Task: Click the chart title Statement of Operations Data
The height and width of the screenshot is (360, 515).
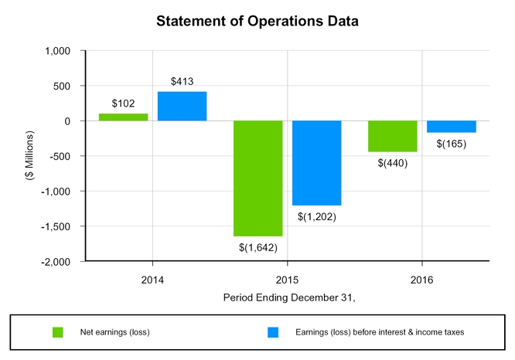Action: [x=257, y=21]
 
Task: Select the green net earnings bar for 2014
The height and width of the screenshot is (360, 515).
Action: [x=124, y=117]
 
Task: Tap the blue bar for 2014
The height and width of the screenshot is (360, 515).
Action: [x=182, y=107]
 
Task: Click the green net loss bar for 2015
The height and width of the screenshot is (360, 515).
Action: [x=258, y=178]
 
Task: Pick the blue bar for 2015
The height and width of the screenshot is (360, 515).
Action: [x=317, y=163]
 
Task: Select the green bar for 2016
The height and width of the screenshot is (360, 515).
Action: [x=393, y=136]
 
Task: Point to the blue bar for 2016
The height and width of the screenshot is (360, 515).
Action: [x=452, y=127]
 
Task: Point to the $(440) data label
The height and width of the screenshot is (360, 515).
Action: [x=393, y=163]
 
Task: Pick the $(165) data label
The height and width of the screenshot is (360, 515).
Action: [x=452, y=144]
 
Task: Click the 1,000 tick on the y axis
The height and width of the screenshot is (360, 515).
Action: [x=57, y=51]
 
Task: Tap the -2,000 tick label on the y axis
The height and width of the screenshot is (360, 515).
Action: [x=56, y=262]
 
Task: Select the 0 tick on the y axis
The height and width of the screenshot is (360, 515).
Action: [x=68, y=121]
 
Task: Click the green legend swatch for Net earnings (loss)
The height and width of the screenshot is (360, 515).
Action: [x=56, y=333]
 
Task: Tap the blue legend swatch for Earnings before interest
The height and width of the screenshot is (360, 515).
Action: [x=272, y=333]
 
